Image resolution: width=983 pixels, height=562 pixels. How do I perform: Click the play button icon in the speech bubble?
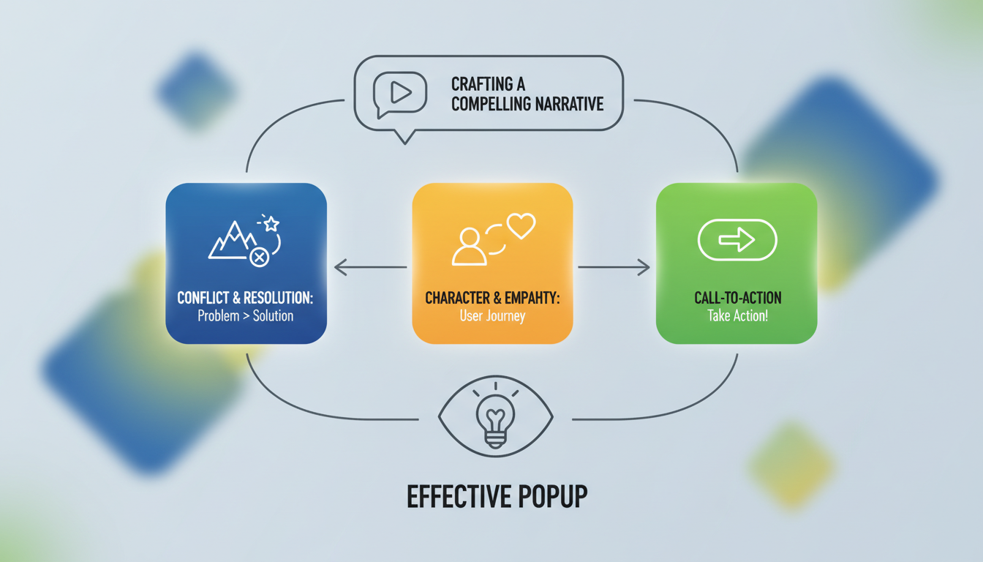(x=400, y=91)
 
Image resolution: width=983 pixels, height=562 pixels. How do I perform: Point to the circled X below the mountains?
(x=259, y=257)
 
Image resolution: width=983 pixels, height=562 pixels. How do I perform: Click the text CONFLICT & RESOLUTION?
(x=246, y=298)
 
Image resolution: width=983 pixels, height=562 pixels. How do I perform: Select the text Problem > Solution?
(x=246, y=316)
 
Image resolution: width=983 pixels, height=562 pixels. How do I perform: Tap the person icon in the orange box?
(x=469, y=246)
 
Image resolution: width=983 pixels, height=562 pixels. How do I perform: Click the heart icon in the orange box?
(x=521, y=225)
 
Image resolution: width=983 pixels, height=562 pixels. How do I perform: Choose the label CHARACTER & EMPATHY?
(x=492, y=298)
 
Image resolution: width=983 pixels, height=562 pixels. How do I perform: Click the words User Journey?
(x=492, y=316)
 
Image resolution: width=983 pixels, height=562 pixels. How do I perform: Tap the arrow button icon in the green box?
(x=737, y=239)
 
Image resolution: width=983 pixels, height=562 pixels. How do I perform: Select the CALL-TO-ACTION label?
(x=737, y=298)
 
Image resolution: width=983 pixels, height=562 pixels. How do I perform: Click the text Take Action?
(x=737, y=316)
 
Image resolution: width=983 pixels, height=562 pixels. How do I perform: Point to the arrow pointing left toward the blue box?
(x=369, y=268)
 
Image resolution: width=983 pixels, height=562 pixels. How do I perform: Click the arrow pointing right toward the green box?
(x=614, y=268)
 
